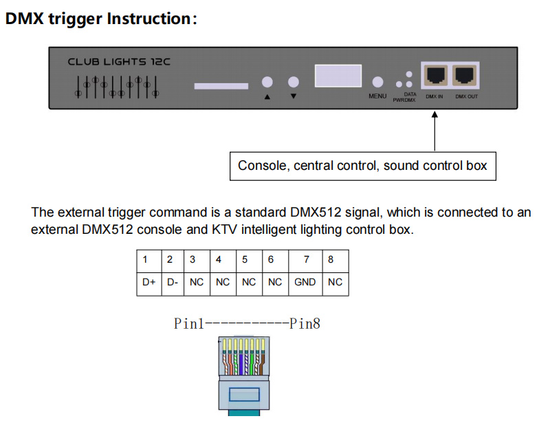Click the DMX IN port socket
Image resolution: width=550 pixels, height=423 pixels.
[x=435, y=75]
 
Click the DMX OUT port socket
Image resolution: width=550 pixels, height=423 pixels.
[x=465, y=75]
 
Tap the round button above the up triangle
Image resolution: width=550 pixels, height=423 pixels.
[x=267, y=82]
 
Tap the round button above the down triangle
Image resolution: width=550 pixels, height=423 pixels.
[x=294, y=82]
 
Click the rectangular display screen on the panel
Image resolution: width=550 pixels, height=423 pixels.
[x=338, y=76]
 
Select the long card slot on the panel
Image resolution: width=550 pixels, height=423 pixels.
[x=221, y=86]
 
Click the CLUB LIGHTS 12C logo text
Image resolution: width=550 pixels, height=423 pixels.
[x=119, y=62]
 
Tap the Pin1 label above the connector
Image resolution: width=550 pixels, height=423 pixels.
[x=188, y=324]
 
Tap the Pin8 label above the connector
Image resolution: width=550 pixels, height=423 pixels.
[x=305, y=324]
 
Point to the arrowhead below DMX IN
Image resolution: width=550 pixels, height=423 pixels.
[x=434, y=114]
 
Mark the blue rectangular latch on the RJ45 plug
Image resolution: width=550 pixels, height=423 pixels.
[x=244, y=394]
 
